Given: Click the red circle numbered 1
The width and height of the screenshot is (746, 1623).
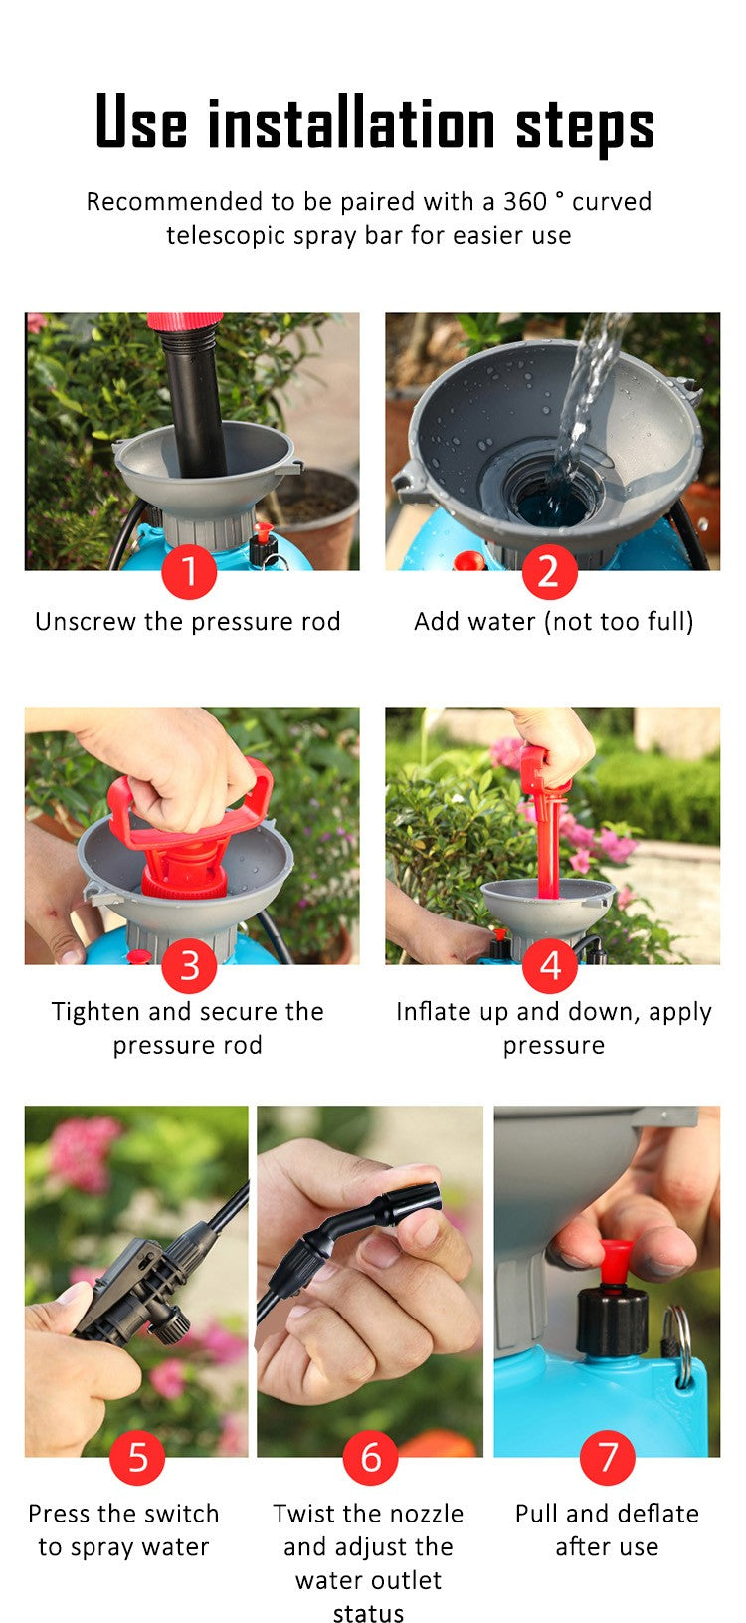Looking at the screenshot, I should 189,572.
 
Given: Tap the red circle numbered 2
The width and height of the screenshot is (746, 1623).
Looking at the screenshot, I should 549,572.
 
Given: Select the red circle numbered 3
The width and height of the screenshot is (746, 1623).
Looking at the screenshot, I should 189,965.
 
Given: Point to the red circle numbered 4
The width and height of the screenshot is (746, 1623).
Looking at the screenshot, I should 550,965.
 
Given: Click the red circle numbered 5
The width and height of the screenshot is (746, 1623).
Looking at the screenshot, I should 137,1457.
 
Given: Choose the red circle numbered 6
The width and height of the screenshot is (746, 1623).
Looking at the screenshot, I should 370,1457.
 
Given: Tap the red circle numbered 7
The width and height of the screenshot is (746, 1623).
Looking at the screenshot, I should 607,1457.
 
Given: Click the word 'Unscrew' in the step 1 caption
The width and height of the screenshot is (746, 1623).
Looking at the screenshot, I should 86,622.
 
